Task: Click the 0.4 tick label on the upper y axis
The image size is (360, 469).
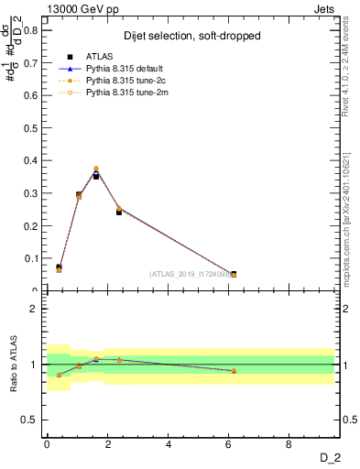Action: (30, 160)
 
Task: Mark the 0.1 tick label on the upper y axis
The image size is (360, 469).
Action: (30, 258)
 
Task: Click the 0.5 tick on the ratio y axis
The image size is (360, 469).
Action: (30, 420)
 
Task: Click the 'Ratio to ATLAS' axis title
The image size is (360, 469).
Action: (13, 364)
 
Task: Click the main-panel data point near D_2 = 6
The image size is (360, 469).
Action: (234, 274)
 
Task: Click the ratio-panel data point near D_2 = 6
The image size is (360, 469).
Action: (234, 371)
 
